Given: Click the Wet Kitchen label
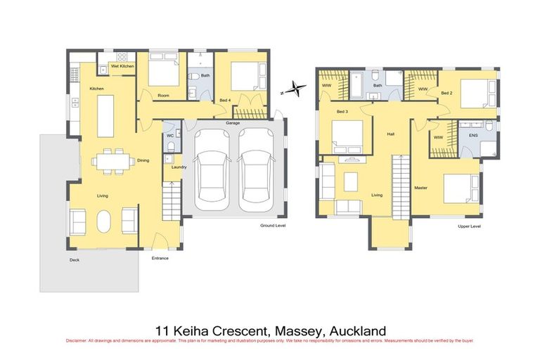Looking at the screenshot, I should (122, 66).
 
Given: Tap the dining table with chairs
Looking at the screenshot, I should (112, 160).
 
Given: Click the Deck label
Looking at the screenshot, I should (75, 260).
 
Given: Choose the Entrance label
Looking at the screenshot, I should (160, 258).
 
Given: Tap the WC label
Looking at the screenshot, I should (170, 135).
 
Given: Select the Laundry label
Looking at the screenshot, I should (179, 167).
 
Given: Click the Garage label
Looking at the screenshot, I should (233, 123).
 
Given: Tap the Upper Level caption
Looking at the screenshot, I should (468, 226).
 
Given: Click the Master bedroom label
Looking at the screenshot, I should (421, 188).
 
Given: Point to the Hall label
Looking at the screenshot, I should (390, 133).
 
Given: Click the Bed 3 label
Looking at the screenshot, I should (342, 112).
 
